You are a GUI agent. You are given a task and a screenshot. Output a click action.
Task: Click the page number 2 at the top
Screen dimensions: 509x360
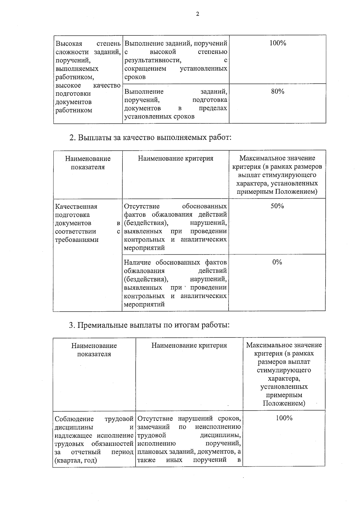pyautogui.click(x=197, y=14)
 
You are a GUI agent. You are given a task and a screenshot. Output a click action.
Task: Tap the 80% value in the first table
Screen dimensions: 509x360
pyautogui.click(x=277, y=91)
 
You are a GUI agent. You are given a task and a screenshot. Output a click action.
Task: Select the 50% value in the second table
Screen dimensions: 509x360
pyautogui.click(x=277, y=206)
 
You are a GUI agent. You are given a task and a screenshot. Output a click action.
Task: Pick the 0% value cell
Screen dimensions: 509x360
pyautogui.click(x=277, y=262)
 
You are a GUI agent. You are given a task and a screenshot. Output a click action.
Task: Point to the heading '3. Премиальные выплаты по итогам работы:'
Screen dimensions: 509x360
pyautogui.click(x=149, y=325)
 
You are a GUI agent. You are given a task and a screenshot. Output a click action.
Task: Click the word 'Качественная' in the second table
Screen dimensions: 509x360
pyautogui.click(x=76, y=206)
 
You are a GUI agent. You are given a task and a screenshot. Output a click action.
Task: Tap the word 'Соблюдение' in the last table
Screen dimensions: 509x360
pyautogui.click(x=74, y=419)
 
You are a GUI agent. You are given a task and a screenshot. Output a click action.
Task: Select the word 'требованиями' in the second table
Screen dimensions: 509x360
pyautogui.click(x=77, y=240)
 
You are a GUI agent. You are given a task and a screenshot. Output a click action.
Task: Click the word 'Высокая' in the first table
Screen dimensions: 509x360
pyautogui.click(x=69, y=43)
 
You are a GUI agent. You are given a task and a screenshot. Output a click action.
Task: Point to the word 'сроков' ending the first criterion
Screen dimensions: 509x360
pyautogui.click(x=135, y=77)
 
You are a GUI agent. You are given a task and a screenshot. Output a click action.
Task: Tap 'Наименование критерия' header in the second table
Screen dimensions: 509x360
pyautogui.click(x=175, y=158)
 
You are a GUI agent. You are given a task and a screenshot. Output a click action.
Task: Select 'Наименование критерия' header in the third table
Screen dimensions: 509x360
pyautogui.click(x=189, y=346)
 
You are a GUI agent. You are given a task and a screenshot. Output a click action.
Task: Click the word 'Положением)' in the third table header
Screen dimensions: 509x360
pyautogui.click(x=284, y=403)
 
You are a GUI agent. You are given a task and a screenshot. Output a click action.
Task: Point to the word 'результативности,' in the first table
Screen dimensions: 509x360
pyautogui.click(x=153, y=60)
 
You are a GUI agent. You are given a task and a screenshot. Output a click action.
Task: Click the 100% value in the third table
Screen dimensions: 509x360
pyautogui.click(x=284, y=418)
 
